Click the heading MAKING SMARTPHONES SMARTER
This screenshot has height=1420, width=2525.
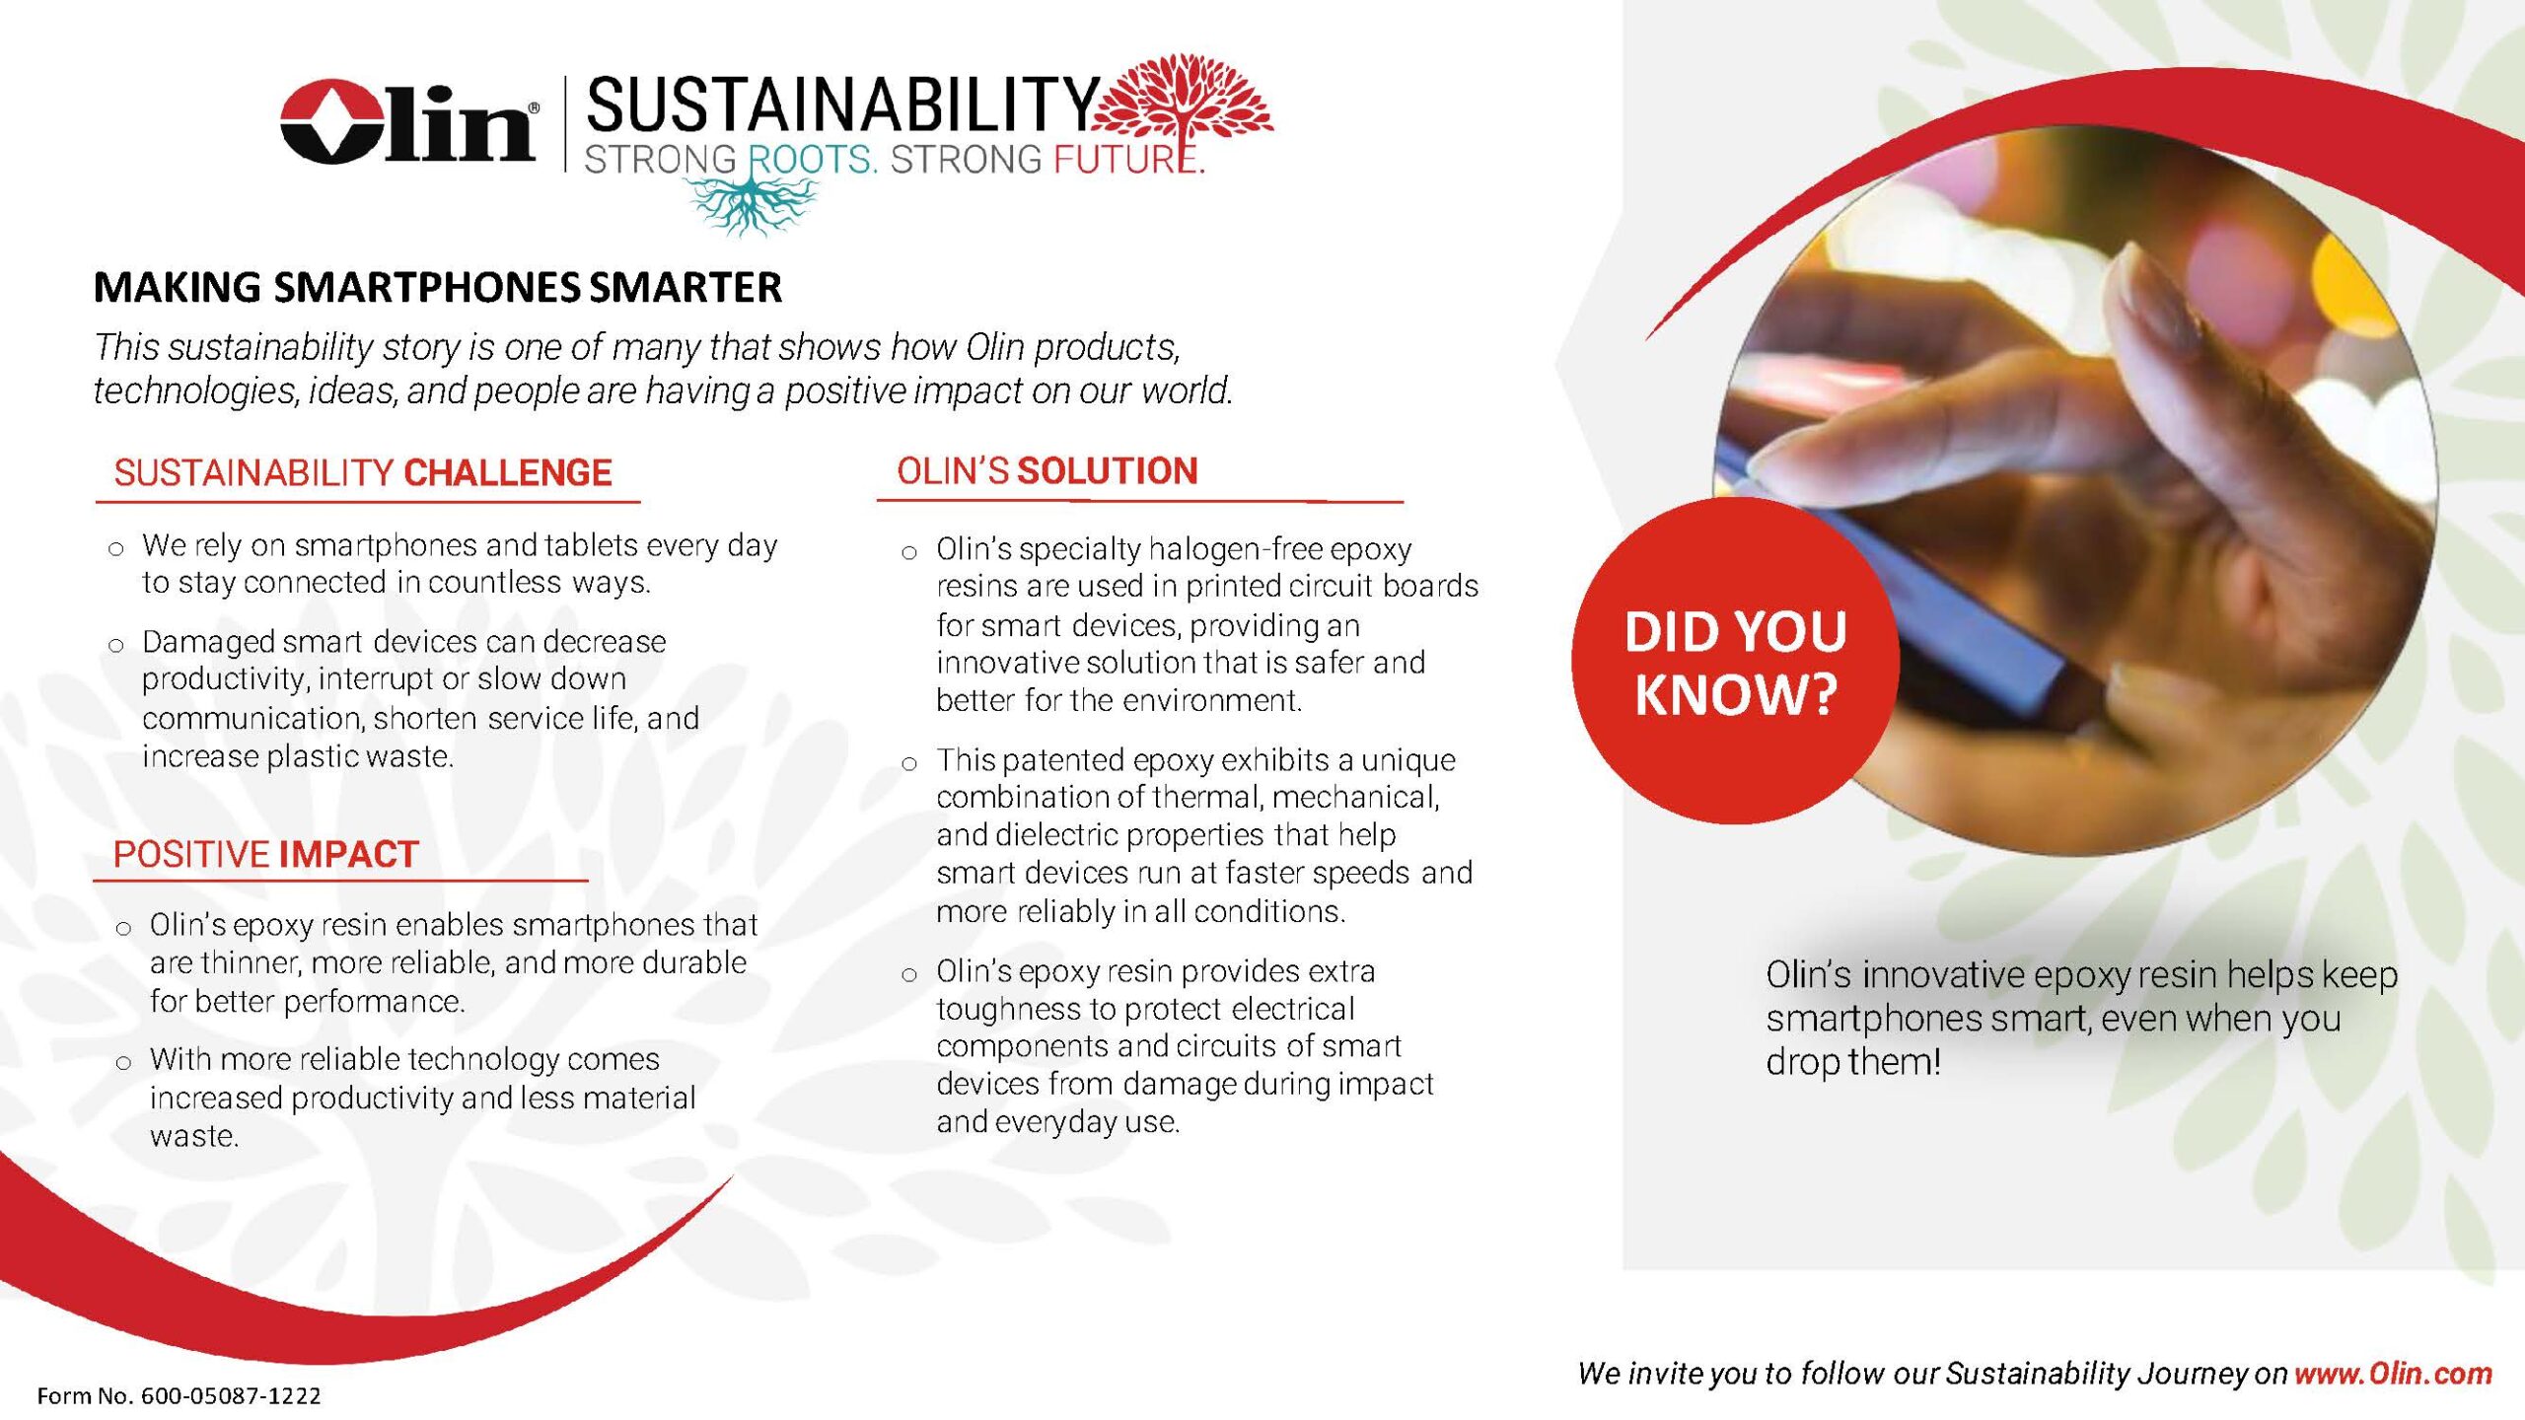click(438, 288)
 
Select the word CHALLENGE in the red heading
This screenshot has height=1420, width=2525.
click(508, 473)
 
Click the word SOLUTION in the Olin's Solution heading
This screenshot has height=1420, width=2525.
click(1107, 471)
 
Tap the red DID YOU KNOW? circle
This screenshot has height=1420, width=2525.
click(1735, 661)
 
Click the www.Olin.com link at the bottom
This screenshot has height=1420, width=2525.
click(2393, 1373)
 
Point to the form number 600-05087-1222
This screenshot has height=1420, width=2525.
click(231, 1395)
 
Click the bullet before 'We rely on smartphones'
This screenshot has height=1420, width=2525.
click(116, 549)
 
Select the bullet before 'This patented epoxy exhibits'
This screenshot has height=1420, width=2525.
click(909, 763)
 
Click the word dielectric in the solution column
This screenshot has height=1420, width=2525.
click(1056, 835)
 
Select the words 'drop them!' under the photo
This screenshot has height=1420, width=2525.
click(1853, 1062)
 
